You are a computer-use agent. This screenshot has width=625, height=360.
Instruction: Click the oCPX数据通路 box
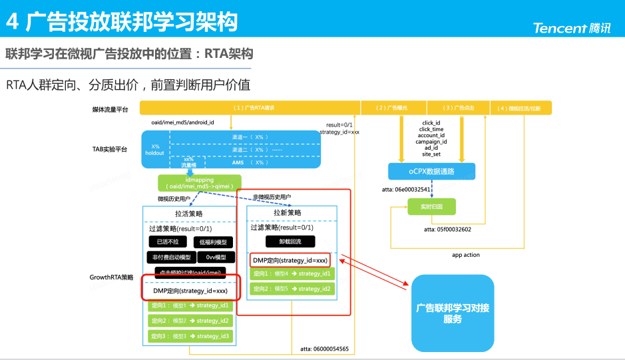pyautogui.click(x=431, y=171)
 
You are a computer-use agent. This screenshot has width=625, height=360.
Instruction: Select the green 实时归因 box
pyautogui.click(x=431, y=208)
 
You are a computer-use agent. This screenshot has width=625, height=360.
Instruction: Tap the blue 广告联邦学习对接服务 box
pyautogui.click(x=453, y=313)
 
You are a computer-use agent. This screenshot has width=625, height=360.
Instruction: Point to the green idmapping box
pyautogui.click(x=200, y=182)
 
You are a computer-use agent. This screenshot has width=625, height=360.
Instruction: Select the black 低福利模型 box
pyautogui.click(x=213, y=242)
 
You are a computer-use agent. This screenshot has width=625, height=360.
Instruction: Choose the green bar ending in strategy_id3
pyautogui.click(x=190, y=336)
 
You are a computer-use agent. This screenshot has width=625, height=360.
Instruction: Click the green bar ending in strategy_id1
pyautogui.click(x=190, y=305)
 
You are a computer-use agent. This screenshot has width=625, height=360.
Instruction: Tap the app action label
pyautogui.click(x=466, y=255)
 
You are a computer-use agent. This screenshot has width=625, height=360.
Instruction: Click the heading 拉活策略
pyautogui.click(x=189, y=214)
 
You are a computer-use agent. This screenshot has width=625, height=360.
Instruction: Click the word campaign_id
pyautogui.click(x=431, y=141)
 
